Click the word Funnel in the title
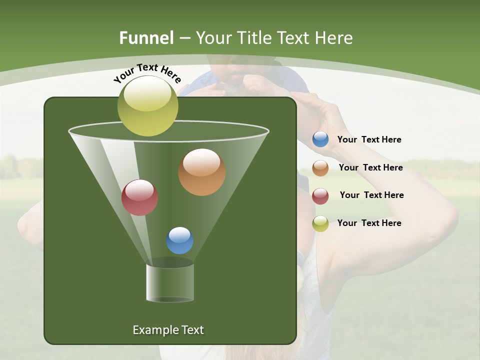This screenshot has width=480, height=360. pyautogui.click(x=146, y=38)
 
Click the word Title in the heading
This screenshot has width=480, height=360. pyautogui.click(x=254, y=38)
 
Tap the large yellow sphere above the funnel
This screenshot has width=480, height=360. pyautogui.click(x=147, y=106)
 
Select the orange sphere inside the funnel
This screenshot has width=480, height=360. pyautogui.click(x=201, y=172)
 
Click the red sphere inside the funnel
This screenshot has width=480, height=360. pyautogui.click(x=139, y=197)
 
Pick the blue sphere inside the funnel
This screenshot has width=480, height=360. pyautogui.click(x=179, y=240)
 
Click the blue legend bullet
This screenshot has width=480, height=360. pyautogui.click(x=320, y=139)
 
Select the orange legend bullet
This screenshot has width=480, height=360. pyautogui.click(x=320, y=168)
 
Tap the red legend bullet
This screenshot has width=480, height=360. pyautogui.click(x=320, y=196)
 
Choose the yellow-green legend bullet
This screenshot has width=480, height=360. pyautogui.click(x=320, y=223)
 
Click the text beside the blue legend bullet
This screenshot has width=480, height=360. pyautogui.click(x=369, y=140)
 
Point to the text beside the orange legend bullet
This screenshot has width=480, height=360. pyautogui.click(x=370, y=168)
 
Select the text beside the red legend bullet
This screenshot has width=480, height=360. pyautogui.click(x=371, y=195)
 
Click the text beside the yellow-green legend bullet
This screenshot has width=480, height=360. pyautogui.click(x=369, y=223)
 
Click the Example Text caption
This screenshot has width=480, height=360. pyautogui.click(x=168, y=330)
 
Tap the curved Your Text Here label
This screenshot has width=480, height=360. pyautogui.click(x=147, y=72)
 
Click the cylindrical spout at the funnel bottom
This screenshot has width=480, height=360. pyautogui.click(x=169, y=282)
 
